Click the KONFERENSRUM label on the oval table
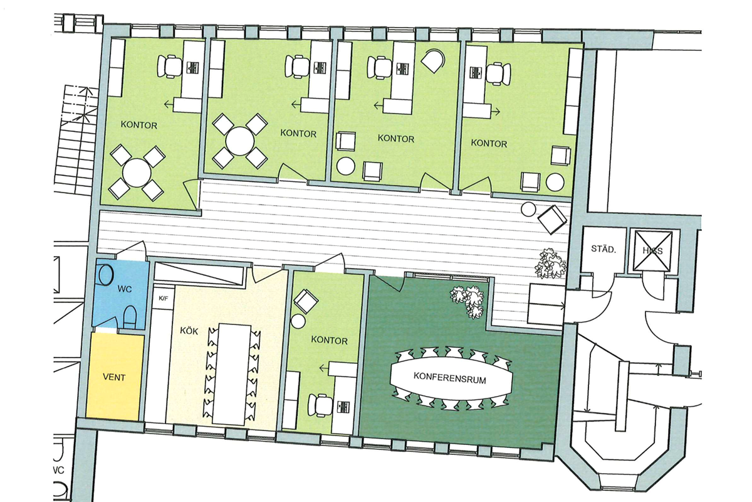tap(449, 378)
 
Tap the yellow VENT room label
tap(114, 377)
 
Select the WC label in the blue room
tap(124, 289)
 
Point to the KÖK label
tap(189, 331)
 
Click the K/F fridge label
tap(163, 298)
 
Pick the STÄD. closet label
tap(603, 249)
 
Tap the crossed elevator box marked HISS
tap(652, 251)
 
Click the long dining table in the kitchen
tap(235, 375)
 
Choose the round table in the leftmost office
tap(137, 173)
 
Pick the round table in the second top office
tap(239, 141)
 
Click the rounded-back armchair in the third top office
tap(433, 60)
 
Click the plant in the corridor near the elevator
tap(550, 264)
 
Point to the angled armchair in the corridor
tap(553, 220)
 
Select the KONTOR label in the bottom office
tap(329, 340)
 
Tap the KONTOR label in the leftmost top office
tap(138, 125)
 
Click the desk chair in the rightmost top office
tap(499, 73)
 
